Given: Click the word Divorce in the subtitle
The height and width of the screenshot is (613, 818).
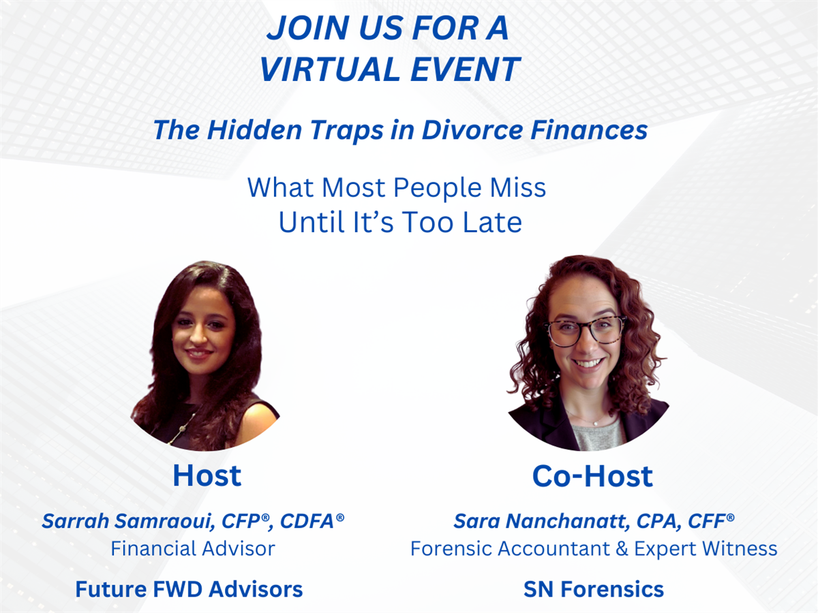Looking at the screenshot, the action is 472,130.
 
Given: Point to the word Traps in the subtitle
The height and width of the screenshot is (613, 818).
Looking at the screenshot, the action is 346,131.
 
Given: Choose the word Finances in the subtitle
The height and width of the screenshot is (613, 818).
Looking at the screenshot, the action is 589,130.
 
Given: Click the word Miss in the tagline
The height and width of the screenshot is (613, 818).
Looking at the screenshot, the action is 518,187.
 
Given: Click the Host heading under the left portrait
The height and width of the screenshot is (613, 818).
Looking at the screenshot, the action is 207,475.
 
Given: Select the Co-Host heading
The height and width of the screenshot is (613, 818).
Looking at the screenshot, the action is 592,475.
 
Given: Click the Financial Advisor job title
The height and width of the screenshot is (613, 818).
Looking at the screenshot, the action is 193,548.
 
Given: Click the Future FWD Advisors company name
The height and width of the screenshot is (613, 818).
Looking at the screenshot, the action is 189,590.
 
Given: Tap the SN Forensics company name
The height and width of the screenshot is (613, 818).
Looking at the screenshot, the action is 594,590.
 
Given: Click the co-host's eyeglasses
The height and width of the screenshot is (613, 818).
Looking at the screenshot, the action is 585,330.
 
